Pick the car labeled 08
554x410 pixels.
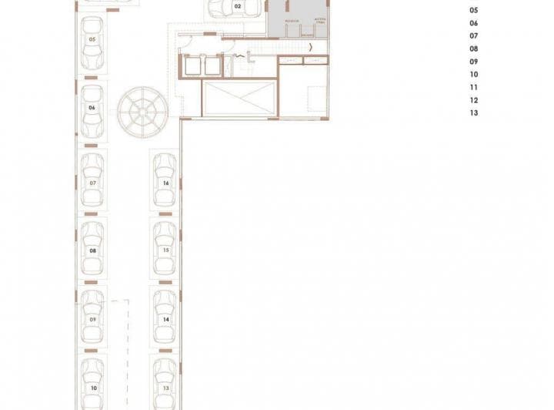click(x=92, y=248)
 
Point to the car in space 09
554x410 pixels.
click(x=92, y=317)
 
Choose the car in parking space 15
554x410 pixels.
click(x=165, y=248)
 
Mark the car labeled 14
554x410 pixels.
click(x=165, y=317)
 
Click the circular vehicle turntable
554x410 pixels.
click(x=142, y=110)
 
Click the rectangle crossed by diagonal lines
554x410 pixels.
click(x=239, y=98)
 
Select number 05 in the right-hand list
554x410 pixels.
click(x=473, y=11)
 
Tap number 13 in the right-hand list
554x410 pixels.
click(x=473, y=113)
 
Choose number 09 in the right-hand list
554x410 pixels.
click(x=473, y=62)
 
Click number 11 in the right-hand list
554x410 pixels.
click(x=473, y=87)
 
